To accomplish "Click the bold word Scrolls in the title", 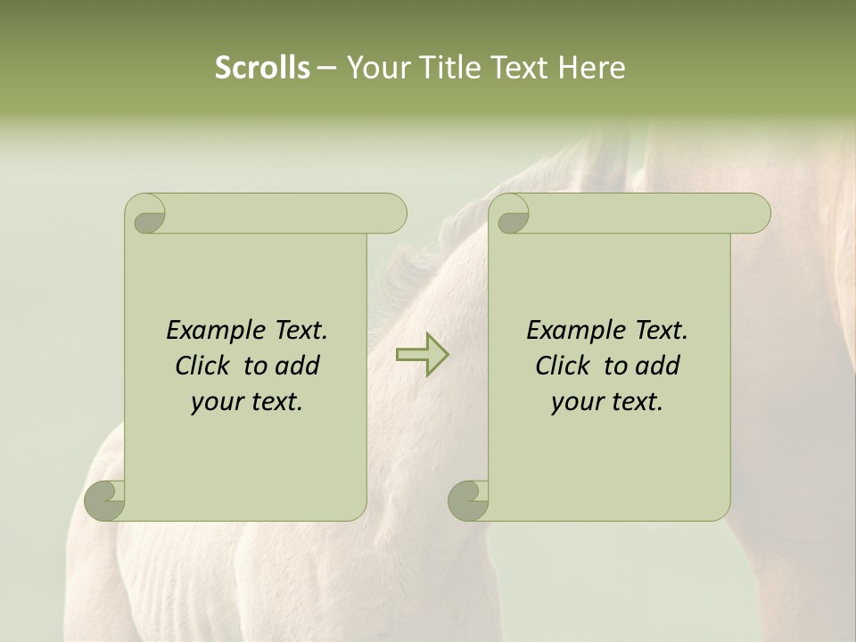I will [x=263, y=68].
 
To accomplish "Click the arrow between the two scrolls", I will [x=423, y=354].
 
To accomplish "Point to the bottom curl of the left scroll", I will [x=105, y=499].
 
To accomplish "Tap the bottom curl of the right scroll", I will [x=468, y=499].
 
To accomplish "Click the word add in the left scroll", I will [x=297, y=366].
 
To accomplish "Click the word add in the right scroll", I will [x=657, y=366].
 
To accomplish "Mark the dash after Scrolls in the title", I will [x=326, y=68].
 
